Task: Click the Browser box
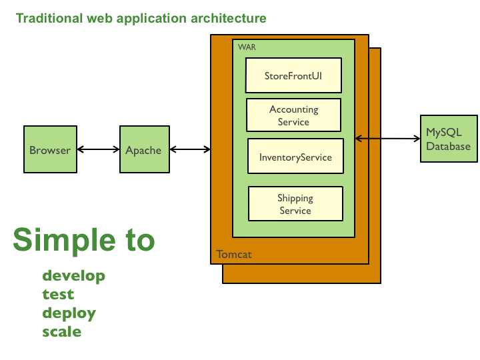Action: (x=49, y=150)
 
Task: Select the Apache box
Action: (x=143, y=150)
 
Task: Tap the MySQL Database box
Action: (x=449, y=139)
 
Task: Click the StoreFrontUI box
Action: (x=293, y=75)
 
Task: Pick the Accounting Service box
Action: (x=293, y=115)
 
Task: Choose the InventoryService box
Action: (x=295, y=158)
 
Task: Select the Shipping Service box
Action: (x=295, y=204)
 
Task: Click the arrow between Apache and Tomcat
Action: (x=189, y=150)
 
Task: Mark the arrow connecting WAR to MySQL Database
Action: (x=387, y=139)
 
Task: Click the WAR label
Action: (x=247, y=47)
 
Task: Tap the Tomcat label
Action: (x=234, y=255)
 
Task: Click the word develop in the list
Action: (x=73, y=275)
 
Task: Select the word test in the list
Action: (x=58, y=294)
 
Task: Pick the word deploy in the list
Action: (x=69, y=313)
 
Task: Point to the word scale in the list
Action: (x=62, y=331)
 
